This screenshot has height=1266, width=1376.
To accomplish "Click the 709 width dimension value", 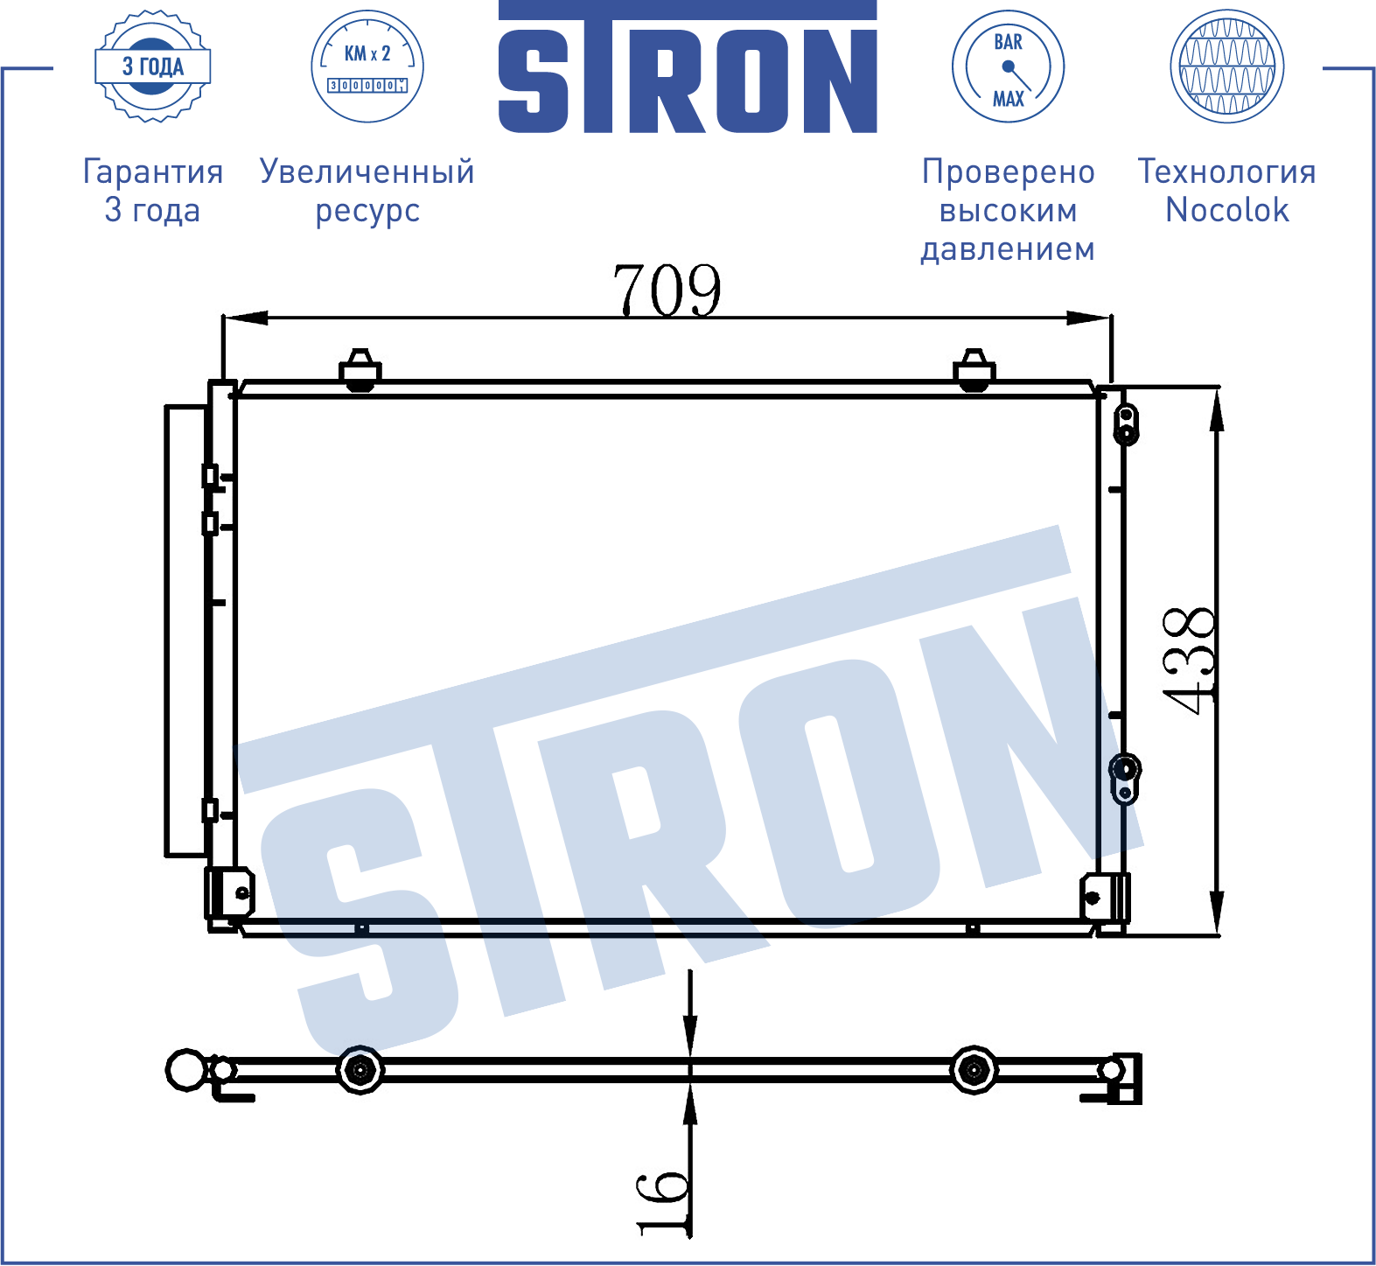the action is click(667, 290).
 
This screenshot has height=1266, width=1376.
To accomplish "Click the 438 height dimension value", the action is click(1189, 661).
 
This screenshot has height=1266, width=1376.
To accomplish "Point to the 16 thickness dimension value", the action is click(663, 1203).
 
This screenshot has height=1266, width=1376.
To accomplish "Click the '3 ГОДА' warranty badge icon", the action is click(153, 66).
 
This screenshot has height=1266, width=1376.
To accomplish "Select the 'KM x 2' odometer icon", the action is click(367, 66).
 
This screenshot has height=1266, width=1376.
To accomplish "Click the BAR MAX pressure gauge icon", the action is click(1008, 66).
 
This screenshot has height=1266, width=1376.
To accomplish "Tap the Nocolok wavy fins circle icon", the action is click(1227, 66).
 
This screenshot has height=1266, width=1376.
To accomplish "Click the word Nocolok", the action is click(1227, 210).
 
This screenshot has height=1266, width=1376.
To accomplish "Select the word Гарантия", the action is click(153, 171).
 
